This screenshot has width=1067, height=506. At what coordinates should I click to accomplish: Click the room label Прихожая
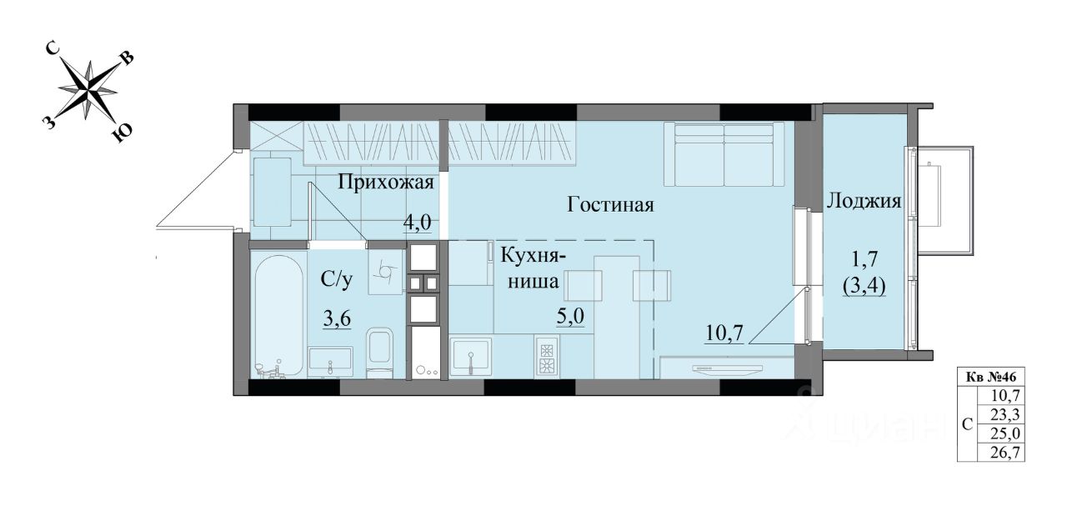coord(386,183)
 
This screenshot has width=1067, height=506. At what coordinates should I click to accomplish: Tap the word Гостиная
coord(611,205)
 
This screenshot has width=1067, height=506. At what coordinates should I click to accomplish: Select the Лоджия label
coord(864,201)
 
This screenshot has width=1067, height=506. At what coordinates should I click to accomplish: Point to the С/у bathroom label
coord(337,280)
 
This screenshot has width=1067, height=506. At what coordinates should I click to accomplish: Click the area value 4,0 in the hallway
coord(418,222)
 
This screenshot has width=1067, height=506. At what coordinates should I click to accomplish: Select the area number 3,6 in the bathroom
coord(337,318)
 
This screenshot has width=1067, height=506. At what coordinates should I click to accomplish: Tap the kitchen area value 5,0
coord(570,316)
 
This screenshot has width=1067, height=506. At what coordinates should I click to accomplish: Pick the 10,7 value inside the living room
coord(724,333)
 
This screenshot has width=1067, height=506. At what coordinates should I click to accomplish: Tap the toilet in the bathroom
coord(379,353)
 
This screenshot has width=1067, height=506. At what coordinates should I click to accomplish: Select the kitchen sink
coord(471,354)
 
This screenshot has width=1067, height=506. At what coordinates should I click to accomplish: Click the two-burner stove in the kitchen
coord(546,358)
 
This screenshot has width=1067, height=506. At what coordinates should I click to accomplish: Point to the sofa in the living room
coord(724,153)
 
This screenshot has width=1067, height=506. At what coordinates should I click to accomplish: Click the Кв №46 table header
coord(991,378)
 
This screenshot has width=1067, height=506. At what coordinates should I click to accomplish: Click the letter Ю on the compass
coord(122,133)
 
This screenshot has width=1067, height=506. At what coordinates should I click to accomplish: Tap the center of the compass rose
coord(88,89)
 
